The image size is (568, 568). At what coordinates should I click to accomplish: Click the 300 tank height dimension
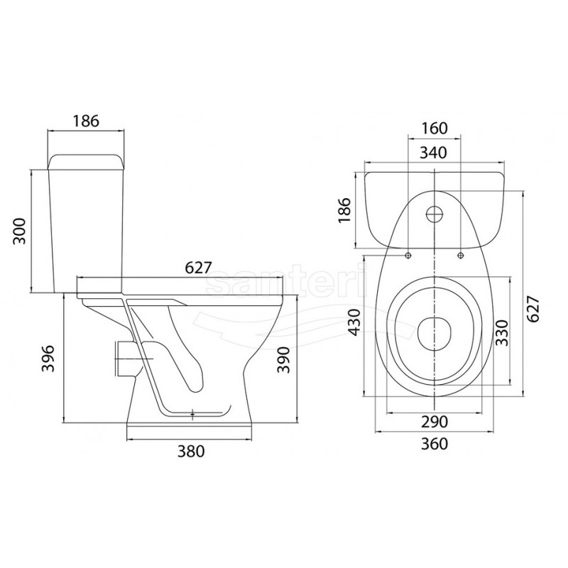pyautogui.click(x=20, y=231)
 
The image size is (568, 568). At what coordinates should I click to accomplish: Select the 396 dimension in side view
pyautogui.click(x=48, y=359)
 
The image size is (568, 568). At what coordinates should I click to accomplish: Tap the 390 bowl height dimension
pyautogui.click(x=283, y=360)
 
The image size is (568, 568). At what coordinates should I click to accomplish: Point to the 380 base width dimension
pyautogui.click(x=191, y=451)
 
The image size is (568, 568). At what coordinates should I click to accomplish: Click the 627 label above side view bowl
pyautogui.click(x=198, y=268)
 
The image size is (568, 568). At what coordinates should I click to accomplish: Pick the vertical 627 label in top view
pyautogui.click(x=533, y=309)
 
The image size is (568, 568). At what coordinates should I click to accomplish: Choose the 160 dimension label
pyautogui.click(x=435, y=128)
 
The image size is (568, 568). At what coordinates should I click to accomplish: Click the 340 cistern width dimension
pyautogui.click(x=433, y=153)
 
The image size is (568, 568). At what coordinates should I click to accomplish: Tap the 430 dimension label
pyautogui.click(x=354, y=322)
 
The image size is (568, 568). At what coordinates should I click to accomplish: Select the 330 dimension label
pyautogui.click(x=502, y=332)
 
